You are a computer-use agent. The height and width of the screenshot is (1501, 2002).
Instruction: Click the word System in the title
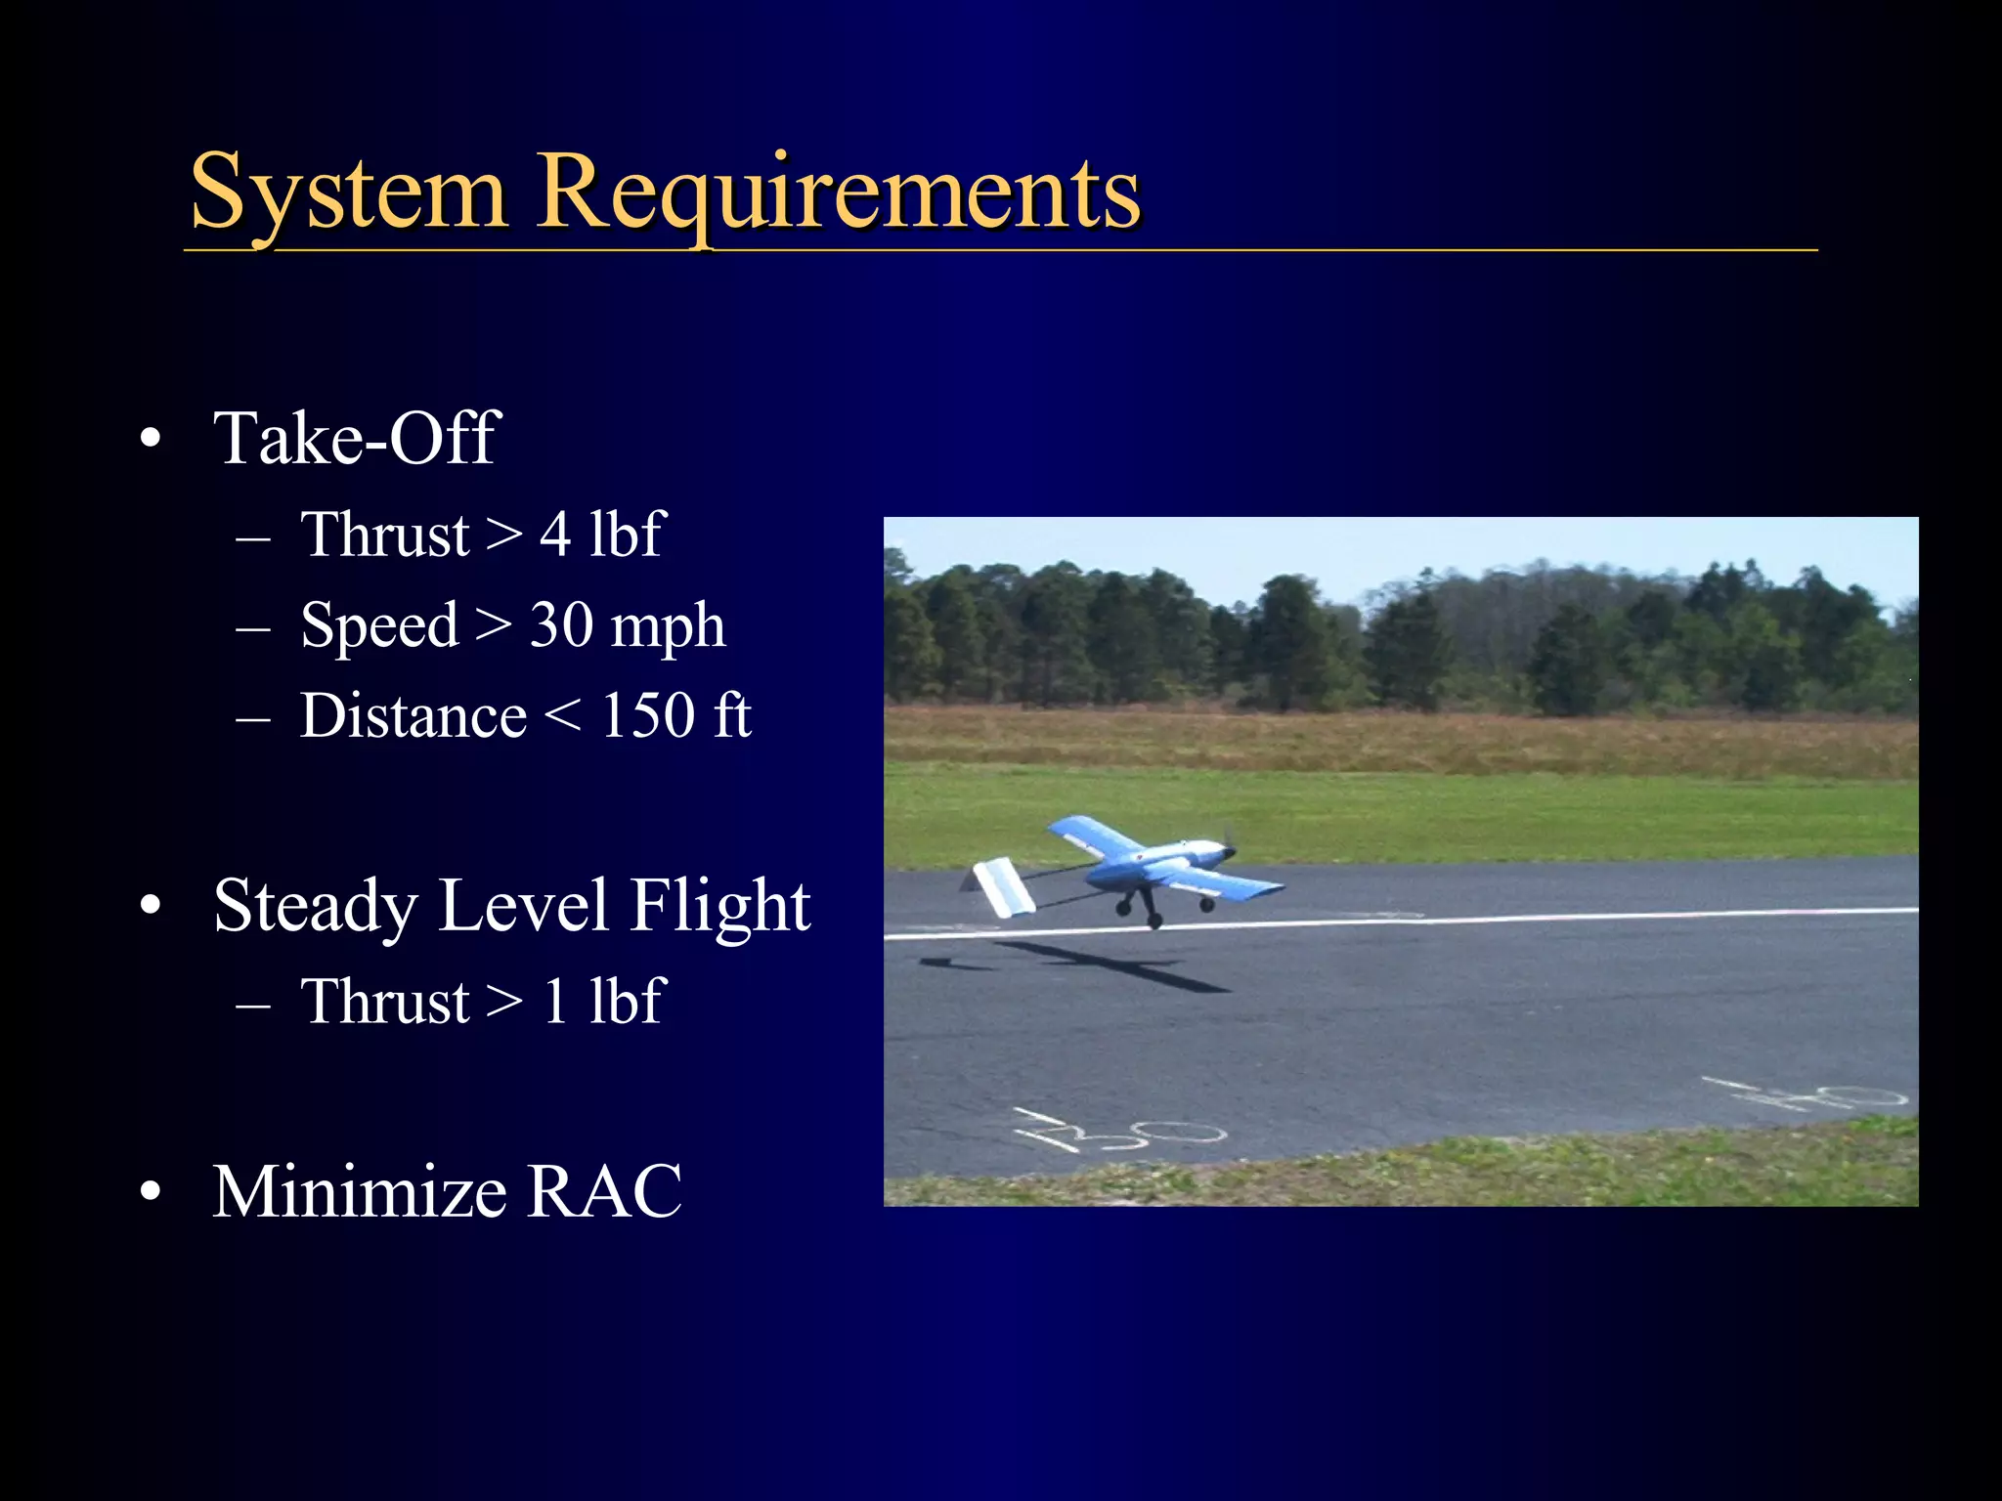(348, 193)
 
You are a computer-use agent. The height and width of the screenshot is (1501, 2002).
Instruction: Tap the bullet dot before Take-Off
(150, 439)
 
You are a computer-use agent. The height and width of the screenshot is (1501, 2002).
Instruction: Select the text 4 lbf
(602, 535)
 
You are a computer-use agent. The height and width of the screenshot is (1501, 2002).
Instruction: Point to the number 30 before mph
(560, 625)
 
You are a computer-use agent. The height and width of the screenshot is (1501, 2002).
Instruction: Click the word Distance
(413, 716)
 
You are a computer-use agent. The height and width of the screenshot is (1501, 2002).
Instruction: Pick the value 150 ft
(675, 716)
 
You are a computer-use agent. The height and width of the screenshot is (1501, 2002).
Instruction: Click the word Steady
(316, 906)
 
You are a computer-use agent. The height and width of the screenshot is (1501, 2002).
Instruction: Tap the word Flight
(718, 906)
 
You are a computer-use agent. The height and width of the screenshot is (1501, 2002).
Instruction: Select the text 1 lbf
(603, 1002)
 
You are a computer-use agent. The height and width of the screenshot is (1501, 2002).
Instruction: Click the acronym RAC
(604, 1192)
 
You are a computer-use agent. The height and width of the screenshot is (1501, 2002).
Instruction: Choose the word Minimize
(359, 1192)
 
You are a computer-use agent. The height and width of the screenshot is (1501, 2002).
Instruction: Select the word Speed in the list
(379, 625)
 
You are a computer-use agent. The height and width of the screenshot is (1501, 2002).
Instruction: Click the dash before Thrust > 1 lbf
(253, 1004)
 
